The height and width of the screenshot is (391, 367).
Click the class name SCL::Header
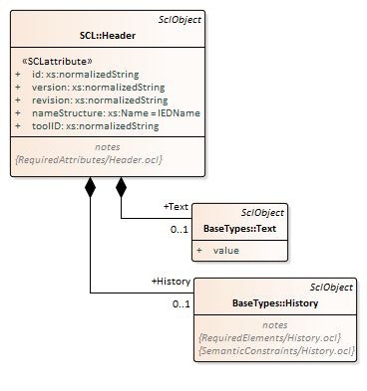click(108, 36)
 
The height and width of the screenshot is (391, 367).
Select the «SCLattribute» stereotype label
click(57, 62)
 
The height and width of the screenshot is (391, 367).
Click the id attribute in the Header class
click(86, 75)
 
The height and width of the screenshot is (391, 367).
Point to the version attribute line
click(99, 88)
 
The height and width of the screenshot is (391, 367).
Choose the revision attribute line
click(100, 100)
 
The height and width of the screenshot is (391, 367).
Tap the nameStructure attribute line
click(116, 113)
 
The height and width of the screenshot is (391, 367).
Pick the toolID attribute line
click(96, 126)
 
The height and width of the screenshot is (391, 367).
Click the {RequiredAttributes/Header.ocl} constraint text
click(89, 160)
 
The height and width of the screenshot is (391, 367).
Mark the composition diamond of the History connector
click(90, 187)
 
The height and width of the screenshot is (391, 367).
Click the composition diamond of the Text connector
click(121, 187)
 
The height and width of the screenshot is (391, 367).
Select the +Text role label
click(176, 207)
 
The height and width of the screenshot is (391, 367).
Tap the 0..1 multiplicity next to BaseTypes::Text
click(180, 229)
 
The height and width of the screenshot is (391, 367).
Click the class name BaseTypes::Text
click(239, 229)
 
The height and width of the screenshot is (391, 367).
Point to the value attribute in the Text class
click(226, 251)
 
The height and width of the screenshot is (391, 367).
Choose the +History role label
click(171, 282)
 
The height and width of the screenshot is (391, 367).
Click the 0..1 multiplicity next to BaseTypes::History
click(182, 303)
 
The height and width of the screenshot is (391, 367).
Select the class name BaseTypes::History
click(275, 303)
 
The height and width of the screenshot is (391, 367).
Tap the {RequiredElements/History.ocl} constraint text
click(269, 338)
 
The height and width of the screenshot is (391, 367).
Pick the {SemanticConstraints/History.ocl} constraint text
click(276, 351)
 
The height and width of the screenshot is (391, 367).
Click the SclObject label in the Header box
click(180, 20)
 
